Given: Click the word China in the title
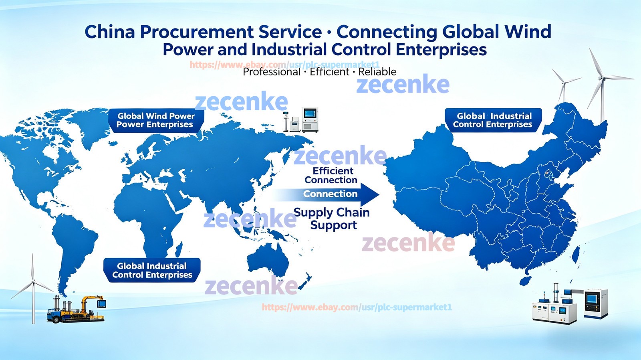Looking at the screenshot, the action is coord(110,32).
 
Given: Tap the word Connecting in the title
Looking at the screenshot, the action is coord(387,32).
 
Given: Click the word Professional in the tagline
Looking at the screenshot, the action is coord(271,72).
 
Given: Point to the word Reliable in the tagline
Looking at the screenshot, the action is coord(377,72).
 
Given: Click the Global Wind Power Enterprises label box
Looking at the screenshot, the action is coord(156,121).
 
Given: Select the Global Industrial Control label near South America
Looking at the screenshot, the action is coord(152,270).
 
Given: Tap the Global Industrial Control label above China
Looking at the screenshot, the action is coord(493,120).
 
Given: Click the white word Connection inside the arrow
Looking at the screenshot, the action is coord(330,194).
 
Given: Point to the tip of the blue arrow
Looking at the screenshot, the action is coord(379,195).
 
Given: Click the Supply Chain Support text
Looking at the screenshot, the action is coord(332,218).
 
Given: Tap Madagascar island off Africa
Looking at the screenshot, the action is coord(179,250).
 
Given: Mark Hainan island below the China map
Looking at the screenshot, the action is coord(525,281).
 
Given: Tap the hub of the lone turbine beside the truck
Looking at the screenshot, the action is coord(33,282).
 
